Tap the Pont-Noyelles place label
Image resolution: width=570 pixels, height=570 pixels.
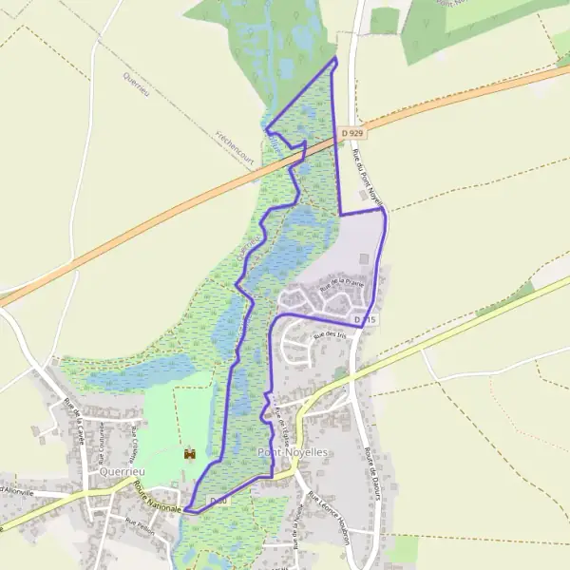[293, 453]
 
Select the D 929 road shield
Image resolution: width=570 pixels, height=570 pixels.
[352, 135]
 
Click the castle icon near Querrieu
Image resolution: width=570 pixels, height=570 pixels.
[189, 454]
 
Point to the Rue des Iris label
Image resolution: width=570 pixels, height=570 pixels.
[332, 335]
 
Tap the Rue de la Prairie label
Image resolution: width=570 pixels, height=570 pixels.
[341, 280]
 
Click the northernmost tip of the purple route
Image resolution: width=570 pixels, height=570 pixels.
[335, 58]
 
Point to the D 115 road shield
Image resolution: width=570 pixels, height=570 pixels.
[366, 321]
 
